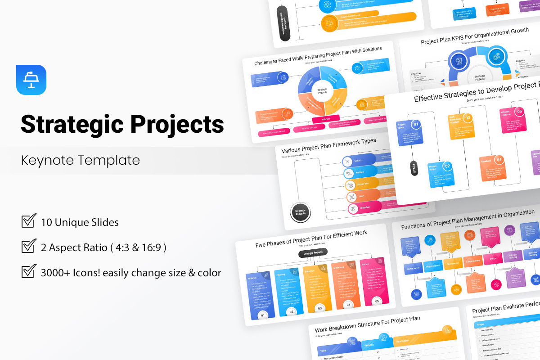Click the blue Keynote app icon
31,80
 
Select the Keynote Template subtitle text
81,160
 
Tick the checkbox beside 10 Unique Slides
29,221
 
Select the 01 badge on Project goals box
416,124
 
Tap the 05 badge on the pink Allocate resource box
519,111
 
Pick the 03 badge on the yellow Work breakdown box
468,118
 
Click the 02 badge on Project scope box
447,166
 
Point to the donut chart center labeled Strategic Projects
322,90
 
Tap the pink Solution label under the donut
326,119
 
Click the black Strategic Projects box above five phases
313,253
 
